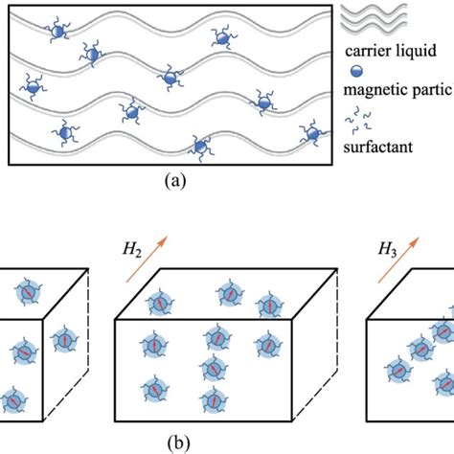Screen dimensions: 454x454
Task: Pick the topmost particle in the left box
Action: tap(29, 292)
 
